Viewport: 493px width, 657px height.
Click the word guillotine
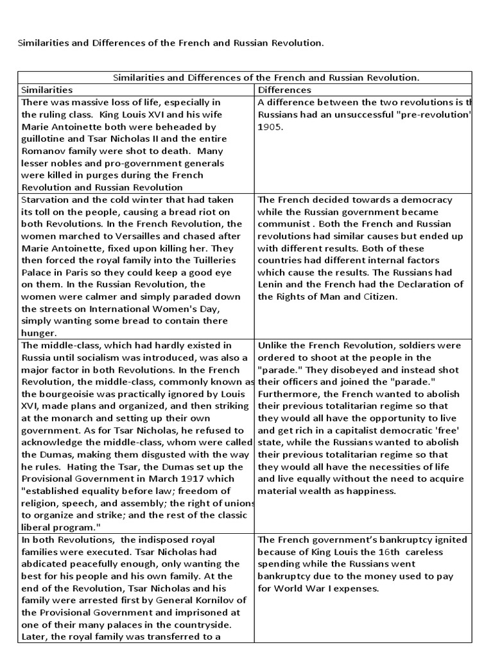pyautogui.click(x=45, y=139)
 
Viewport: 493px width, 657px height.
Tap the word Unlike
pyautogui.click(x=272, y=345)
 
